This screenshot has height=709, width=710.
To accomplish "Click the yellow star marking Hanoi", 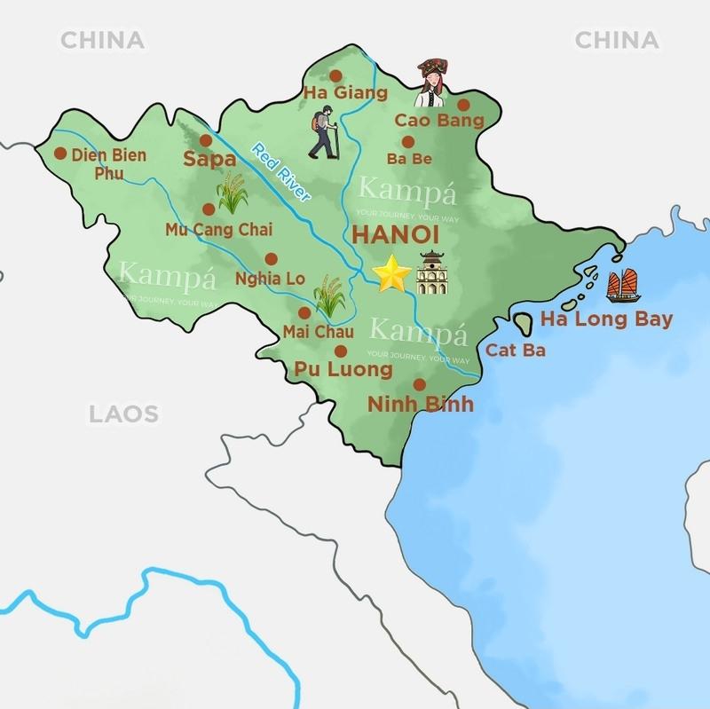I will [x=391, y=275].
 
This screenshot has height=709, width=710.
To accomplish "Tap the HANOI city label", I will [x=397, y=236].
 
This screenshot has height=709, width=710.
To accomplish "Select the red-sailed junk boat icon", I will [x=623, y=285].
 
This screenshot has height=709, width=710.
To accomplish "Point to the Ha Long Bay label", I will [x=606, y=319].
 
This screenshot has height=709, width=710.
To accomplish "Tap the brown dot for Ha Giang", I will [x=336, y=75].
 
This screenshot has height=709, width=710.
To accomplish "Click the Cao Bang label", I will [x=439, y=120].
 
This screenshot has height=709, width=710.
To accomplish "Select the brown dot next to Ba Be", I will [x=407, y=141].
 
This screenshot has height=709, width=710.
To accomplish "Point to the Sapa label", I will [x=209, y=160].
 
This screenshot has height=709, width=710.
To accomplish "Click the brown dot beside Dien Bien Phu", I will [x=60, y=154].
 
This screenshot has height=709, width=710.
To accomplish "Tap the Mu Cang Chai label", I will [x=219, y=230].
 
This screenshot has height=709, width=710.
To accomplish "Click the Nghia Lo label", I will [x=270, y=279].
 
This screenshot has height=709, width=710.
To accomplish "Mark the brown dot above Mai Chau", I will [x=304, y=312].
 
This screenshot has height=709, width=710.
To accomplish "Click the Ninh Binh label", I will [x=421, y=405].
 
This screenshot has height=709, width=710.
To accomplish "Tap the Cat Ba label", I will [x=515, y=350].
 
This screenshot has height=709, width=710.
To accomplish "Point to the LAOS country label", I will [x=123, y=413].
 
